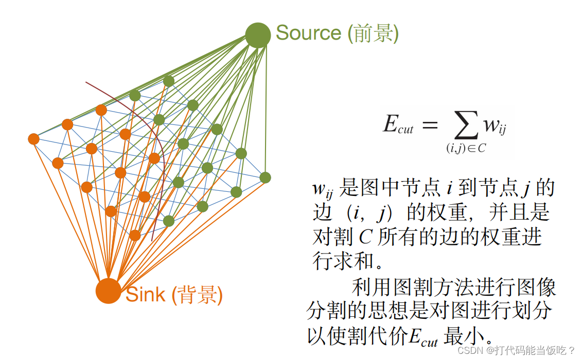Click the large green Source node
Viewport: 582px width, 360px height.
(258, 35)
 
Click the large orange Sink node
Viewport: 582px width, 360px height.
(108, 291)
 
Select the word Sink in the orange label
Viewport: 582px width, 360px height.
(146, 295)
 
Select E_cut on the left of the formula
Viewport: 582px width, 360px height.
(398, 125)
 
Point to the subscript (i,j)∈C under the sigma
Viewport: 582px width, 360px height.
(466, 148)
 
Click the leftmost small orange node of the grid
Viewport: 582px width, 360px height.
(34, 139)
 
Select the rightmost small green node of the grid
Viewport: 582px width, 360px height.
(265, 177)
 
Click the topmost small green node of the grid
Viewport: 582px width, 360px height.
(169, 81)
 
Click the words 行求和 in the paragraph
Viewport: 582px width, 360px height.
(343, 261)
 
